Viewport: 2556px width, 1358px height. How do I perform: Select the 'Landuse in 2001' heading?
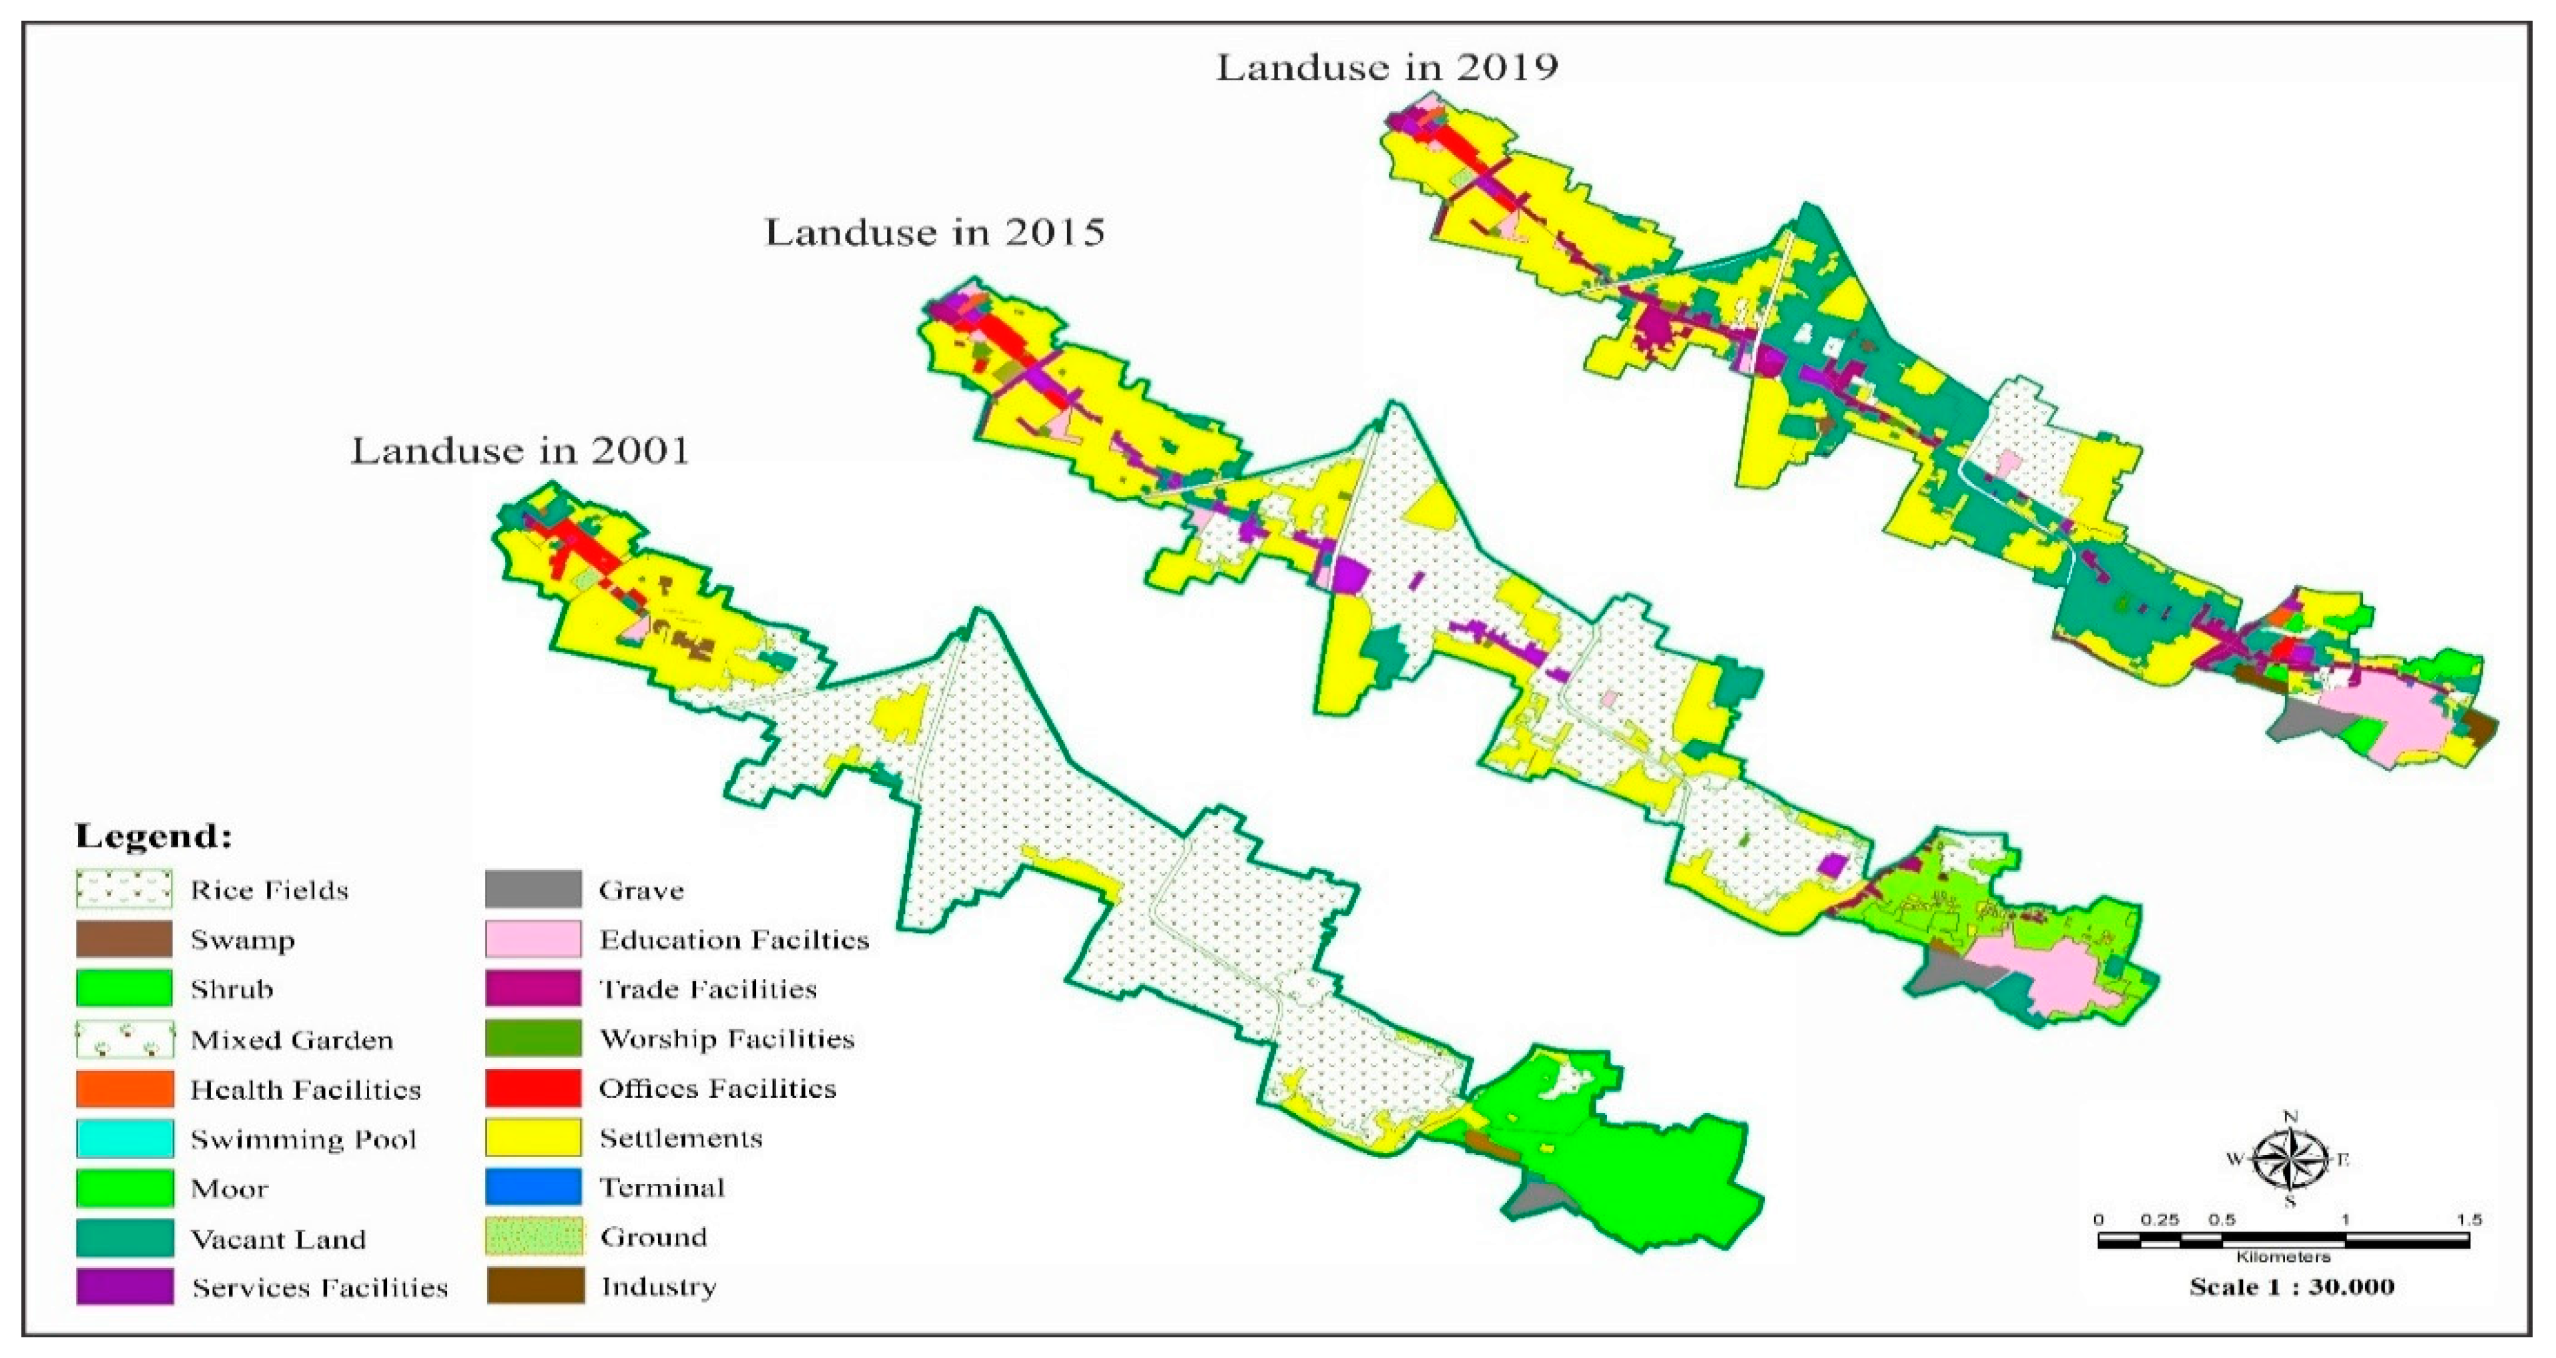coord(519,450)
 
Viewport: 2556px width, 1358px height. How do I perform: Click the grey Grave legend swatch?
coord(533,890)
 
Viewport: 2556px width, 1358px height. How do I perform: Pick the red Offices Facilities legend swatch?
coord(533,1088)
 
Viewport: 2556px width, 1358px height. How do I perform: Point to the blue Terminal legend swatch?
coord(533,1187)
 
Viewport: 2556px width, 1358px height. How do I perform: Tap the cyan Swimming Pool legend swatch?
coord(124,1138)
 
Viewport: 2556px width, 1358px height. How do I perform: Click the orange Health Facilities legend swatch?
coord(124,1089)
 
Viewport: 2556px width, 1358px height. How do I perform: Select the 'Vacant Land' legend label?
coord(278,1239)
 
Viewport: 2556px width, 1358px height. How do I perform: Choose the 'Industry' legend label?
coord(658,1287)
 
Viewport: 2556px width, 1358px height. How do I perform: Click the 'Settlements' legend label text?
coord(681,1138)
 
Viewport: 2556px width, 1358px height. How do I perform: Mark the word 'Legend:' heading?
coord(153,835)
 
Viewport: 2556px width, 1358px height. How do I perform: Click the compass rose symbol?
coord(2290,1158)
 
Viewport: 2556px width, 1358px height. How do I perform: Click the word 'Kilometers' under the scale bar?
coord(2282,1257)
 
